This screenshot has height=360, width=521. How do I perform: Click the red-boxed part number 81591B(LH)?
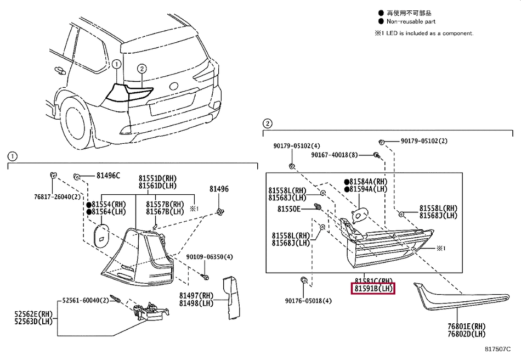tap(373, 289)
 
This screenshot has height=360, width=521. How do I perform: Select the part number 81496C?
tap(108, 176)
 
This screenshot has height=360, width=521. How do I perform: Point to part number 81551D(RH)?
tap(157, 178)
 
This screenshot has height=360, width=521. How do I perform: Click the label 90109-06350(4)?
tap(209, 257)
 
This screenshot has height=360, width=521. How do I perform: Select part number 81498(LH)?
tap(196, 303)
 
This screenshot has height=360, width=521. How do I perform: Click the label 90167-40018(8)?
tap(334, 155)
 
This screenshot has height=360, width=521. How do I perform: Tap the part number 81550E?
tap(289, 209)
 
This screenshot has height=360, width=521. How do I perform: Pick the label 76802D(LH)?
tap(466, 333)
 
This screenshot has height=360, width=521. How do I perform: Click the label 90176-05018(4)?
tap(308, 301)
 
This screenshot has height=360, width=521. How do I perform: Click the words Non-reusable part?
tap(411, 22)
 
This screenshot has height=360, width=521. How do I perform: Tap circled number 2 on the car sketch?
tap(141, 69)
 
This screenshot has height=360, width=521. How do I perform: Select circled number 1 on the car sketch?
tap(116, 64)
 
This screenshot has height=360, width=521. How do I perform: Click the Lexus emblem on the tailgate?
tap(174, 86)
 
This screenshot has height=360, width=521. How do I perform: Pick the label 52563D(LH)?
tap(34, 322)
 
